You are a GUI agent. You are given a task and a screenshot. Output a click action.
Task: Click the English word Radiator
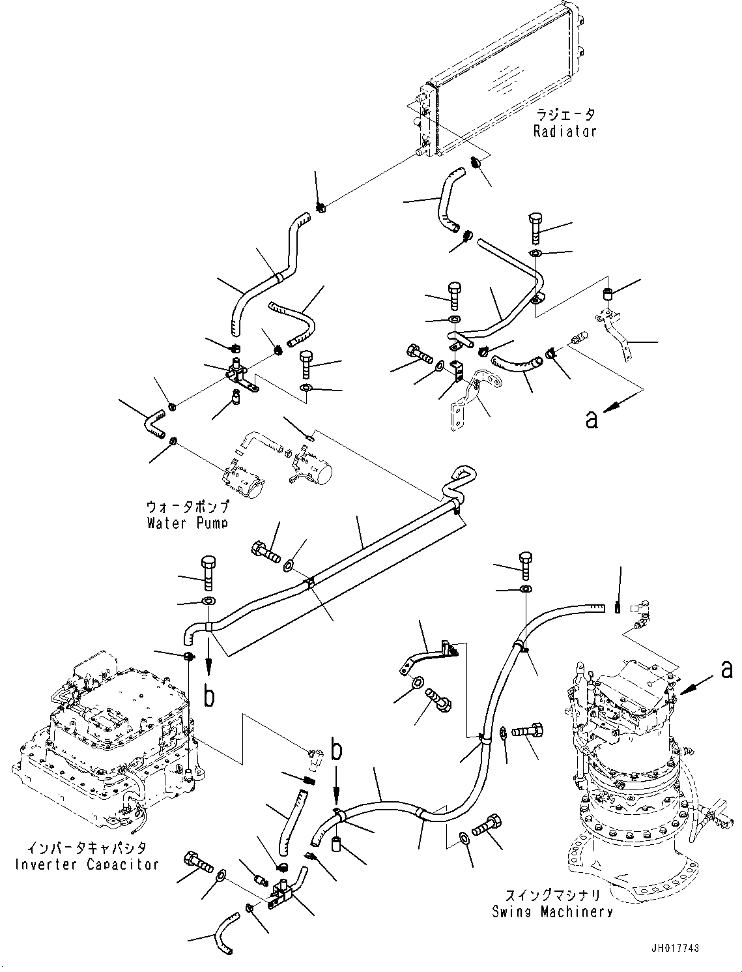coord(565,132)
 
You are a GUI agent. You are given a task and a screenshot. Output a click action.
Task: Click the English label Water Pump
coord(187,523)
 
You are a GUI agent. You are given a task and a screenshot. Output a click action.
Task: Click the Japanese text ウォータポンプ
coord(188,506)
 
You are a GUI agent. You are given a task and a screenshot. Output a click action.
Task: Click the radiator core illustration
coord(500,80)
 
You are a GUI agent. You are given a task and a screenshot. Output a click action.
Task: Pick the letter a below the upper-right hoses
coord(592,419)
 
